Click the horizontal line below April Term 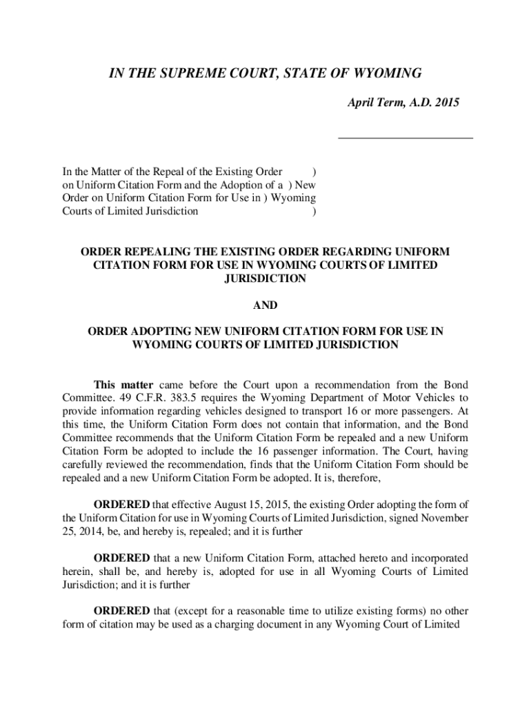[405, 139]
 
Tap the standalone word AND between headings [265, 305]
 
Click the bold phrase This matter [124, 384]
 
